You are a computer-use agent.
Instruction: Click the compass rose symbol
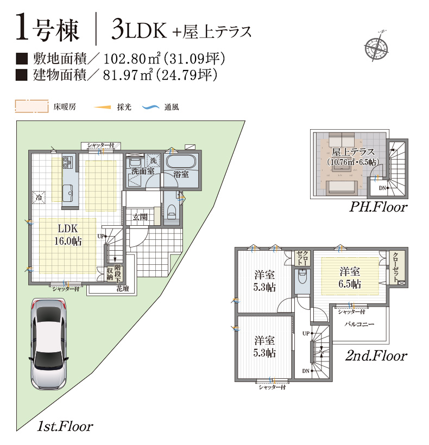pyautogui.click(x=377, y=46)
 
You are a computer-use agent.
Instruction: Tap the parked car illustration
pyautogui.click(x=48, y=344)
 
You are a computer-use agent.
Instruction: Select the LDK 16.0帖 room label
pyautogui.click(x=68, y=234)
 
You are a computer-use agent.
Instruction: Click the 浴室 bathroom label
pyautogui.click(x=181, y=174)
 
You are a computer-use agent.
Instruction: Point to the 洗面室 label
pyautogui.click(x=143, y=171)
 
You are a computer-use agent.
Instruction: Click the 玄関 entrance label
pyautogui.click(x=140, y=217)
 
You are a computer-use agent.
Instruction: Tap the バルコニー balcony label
pyautogui.click(x=359, y=324)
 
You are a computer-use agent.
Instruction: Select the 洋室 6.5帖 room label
pyautogui.click(x=350, y=277)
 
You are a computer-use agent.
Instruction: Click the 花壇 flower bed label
pyautogui.click(x=123, y=289)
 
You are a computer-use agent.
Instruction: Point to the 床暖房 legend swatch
pyautogui.click(x=31, y=106)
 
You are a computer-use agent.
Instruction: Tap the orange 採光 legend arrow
pyautogui.click(x=102, y=107)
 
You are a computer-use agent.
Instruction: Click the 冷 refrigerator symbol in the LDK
pyautogui.click(x=39, y=196)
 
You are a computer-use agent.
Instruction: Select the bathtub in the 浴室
pyautogui.click(x=181, y=162)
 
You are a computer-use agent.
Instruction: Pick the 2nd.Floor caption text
pyautogui.click(x=376, y=355)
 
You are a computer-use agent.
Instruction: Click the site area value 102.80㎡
pyautogui.click(x=132, y=59)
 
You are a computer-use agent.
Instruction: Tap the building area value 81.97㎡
pyautogui.click(x=128, y=75)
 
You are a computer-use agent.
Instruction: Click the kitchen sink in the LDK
pyautogui.click(x=68, y=193)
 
